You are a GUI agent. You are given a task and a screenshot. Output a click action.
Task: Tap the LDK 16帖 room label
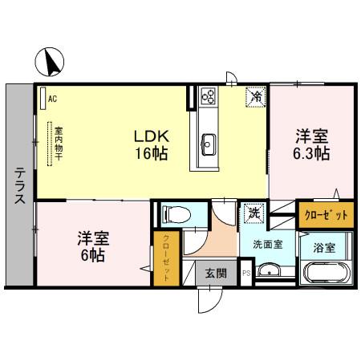click(150, 144)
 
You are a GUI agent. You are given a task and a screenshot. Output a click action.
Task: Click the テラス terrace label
click(18, 186)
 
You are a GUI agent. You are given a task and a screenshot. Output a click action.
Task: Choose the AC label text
click(52, 99)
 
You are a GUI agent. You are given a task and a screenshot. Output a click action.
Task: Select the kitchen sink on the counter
click(207, 144)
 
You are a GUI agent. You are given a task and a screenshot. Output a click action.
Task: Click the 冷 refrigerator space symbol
click(254, 97)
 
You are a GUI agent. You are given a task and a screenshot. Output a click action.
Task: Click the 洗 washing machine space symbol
click(253, 213)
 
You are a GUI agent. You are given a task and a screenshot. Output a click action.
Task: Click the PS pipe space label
click(246, 274)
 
